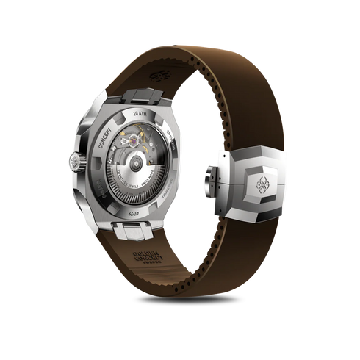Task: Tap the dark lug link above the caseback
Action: pyautogui.click(x=135, y=93)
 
